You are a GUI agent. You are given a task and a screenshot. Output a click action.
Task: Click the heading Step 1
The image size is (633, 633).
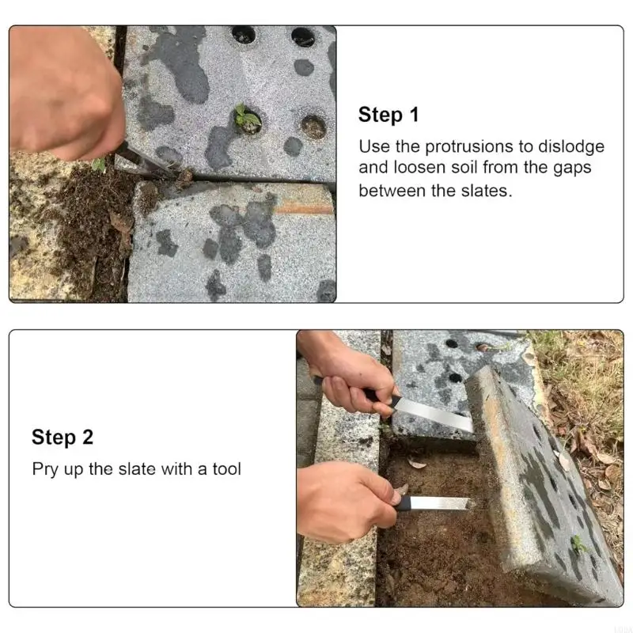(x=389, y=114)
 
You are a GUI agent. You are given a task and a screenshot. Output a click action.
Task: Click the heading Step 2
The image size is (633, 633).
(x=63, y=437)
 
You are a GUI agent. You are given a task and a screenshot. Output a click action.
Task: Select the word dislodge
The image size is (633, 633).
(x=571, y=146)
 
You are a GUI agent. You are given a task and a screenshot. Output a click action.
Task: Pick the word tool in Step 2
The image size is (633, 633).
(x=227, y=469)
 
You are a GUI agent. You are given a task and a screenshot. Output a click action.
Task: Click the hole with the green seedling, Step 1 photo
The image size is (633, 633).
(x=248, y=119)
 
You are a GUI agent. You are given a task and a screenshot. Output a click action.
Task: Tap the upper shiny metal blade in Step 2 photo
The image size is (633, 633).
(x=434, y=413)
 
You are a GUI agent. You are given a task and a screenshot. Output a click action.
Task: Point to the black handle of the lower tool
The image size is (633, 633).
(x=403, y=503)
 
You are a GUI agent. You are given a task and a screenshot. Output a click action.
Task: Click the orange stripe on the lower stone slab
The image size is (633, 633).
(x=305, y=209)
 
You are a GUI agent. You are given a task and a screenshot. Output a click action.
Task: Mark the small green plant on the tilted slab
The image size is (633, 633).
(x=578, y=544)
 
